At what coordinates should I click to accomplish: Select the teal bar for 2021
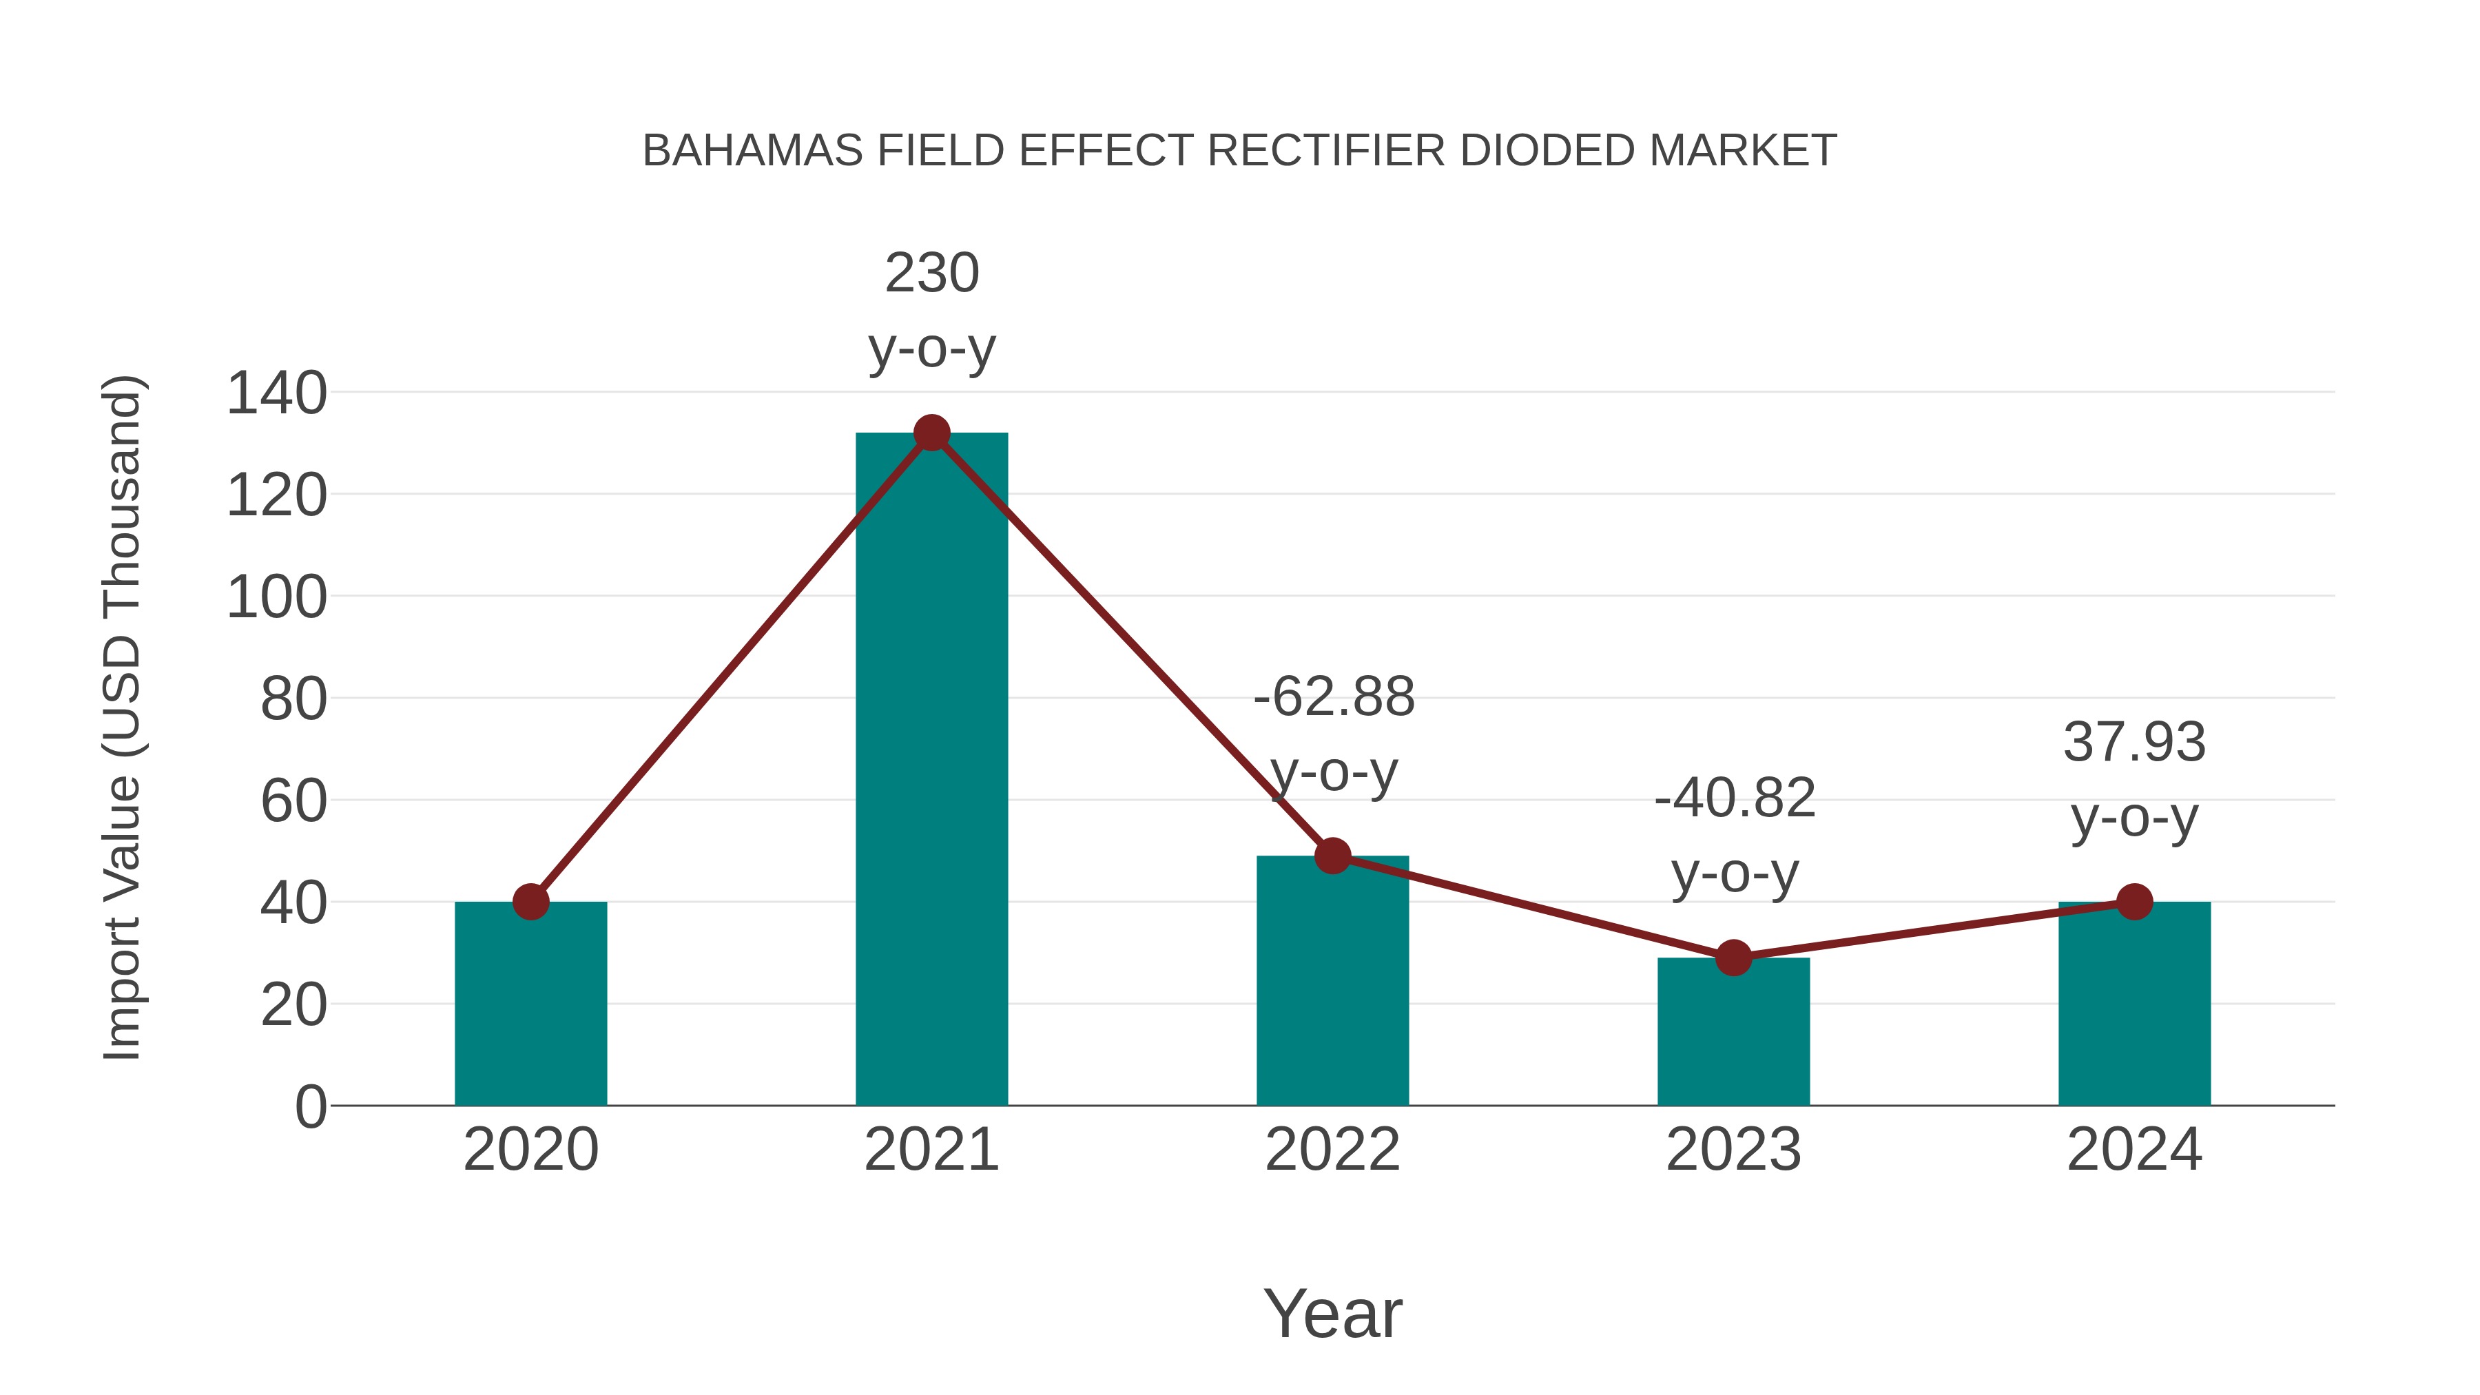[x=931, y=770]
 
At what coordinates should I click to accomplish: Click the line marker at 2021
[x=931, y=433]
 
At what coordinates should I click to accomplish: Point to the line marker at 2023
[x=1733, y=958]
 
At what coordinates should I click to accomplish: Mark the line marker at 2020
[x=530, y=902]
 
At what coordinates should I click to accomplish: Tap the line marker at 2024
[x=2133, y=902]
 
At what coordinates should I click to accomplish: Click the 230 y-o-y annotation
[x=931, y=310]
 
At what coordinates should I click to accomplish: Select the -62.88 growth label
[x=1334, y=734]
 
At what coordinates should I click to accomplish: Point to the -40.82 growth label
[x=1734, y=835]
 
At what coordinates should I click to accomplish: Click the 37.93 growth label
[x=2133, y=780]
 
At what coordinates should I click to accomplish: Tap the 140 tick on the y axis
[x=276, y=394]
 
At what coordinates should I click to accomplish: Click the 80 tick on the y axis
[x=293, y=700]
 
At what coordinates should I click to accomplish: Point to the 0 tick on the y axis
[x=310, y=1107]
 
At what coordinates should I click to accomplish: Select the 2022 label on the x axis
[x=1332, y=1150]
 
